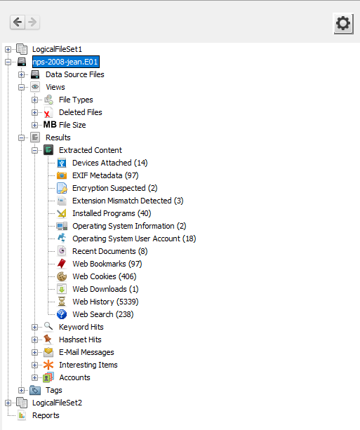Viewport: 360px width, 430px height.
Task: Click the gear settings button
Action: tap(342, 23)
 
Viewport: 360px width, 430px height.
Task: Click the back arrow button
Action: tap(18, 22)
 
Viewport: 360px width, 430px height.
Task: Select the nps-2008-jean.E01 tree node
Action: tap(65, 62)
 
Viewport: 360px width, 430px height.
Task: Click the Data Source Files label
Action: tap(74, 74)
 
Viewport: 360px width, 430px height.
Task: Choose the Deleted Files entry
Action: tap(80, 112)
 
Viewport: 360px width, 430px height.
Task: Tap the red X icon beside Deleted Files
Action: tap(48, 112)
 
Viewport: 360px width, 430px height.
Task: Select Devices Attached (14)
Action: tap(109, 163)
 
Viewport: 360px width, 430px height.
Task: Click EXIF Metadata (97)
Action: tap(105, 175)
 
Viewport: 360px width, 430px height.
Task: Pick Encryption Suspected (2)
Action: tap(114, 188)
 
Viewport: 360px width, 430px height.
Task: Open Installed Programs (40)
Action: tap(112, 213)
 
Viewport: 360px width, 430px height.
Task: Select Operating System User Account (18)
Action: tap(134, 238)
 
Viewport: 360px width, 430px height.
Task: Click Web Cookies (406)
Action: tap(105, 276)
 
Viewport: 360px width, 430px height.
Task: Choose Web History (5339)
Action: tap(105, 302)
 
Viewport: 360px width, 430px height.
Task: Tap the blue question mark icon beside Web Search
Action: tap(62, 314)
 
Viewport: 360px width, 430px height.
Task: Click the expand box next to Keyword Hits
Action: tap(34, 327)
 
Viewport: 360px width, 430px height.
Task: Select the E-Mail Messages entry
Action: tap(86, 352)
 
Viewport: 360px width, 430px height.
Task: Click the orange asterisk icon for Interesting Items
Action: tap(48, 365)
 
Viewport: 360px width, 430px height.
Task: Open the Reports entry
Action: tap(46, 415)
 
